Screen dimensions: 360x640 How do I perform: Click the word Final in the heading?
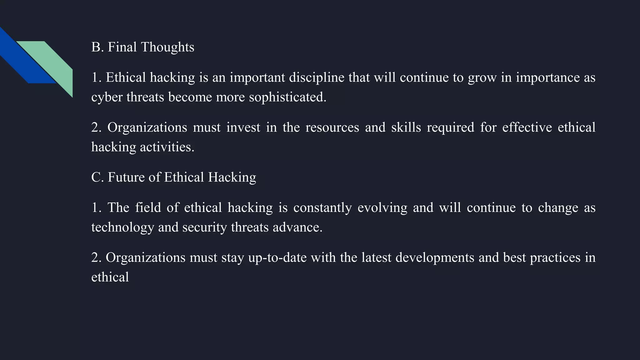point(122,47)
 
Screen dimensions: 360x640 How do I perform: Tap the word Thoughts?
point(167,47)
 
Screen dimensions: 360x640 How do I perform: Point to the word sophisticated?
point(287,97)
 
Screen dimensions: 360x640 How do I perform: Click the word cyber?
point(107,97)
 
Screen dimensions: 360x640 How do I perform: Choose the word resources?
point(332,127)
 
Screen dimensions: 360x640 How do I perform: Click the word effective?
point(527,127)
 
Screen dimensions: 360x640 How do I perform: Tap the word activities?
point(167,147)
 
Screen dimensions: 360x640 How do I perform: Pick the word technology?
point(122,227)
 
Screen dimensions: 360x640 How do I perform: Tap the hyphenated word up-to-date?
point(277,258)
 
